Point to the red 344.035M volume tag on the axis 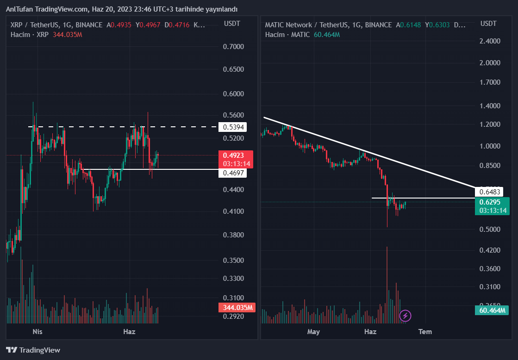pyautogui.click(x=236, y=307)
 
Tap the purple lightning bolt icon pyautogui.click(x=406, y=316)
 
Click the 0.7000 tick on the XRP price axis pyautogui.click(x=233, y=46)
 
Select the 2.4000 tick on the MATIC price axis pyautogui.click(x=490, y=41)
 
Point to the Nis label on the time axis pyautogui.click(x=37, y=332)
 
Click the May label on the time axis pyautogui.click(x=314, y=332)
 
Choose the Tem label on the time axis pyautogui.click(x=425, y=332)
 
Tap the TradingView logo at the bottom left pyautogui.click(x=33, y=350)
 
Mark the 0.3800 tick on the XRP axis pyautogui.click(x=233, y=235)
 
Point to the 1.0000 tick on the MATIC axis pyautogui.click(x=490, y=146)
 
